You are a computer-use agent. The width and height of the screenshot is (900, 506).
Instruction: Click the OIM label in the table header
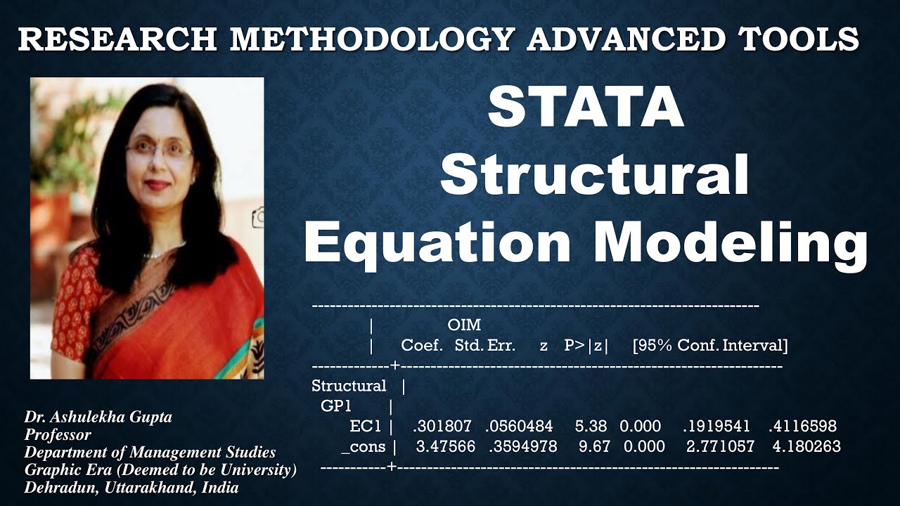pos(464,325)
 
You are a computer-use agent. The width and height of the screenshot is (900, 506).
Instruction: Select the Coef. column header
pos(422,346)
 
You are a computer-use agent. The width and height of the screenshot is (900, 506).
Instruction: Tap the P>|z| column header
pos(586,346)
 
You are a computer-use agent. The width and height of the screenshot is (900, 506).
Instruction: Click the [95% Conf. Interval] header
pos(710,346)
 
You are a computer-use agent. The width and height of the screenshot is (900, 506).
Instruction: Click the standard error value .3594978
pos(521,447)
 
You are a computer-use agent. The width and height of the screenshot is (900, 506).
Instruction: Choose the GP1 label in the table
pos(336,406)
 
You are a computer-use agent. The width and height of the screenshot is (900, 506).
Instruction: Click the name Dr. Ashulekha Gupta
pos(98,417)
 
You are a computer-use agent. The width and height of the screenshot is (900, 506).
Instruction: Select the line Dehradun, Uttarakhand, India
pos(131,488)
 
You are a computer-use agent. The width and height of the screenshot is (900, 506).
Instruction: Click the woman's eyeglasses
pos(159,150)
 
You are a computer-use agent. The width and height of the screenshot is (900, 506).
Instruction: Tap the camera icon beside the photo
pos(259,216)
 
